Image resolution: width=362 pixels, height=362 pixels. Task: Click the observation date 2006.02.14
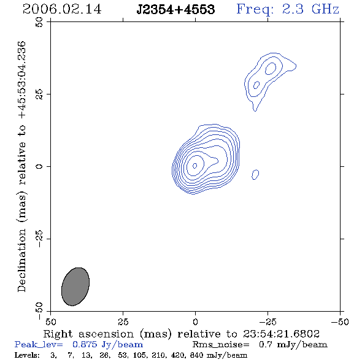[x=62, y=9]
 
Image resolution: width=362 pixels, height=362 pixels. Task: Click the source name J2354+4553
[x=175, y=9]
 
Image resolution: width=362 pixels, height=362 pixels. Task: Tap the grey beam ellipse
[x=75, y=287]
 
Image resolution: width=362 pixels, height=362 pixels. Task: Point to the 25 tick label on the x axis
[x=123, y=322]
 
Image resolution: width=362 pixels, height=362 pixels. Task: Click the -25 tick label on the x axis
[x=268, y=322]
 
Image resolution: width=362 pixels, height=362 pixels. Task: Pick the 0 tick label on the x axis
[x=195, y=322]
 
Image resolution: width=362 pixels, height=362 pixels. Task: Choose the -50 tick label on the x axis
[x=340, y=322]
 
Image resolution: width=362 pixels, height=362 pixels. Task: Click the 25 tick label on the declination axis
[x=39, y=94]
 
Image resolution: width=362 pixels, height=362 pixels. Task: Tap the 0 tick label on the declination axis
[x=39, y=166]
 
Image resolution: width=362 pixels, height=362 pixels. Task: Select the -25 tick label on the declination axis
[x=39, y=239]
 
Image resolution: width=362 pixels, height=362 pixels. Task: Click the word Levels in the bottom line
[x=27, y=355]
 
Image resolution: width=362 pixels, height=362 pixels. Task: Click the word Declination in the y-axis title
[x=21, y=261]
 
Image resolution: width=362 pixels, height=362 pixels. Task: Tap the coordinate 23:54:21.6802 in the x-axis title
[x=281, y=334]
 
